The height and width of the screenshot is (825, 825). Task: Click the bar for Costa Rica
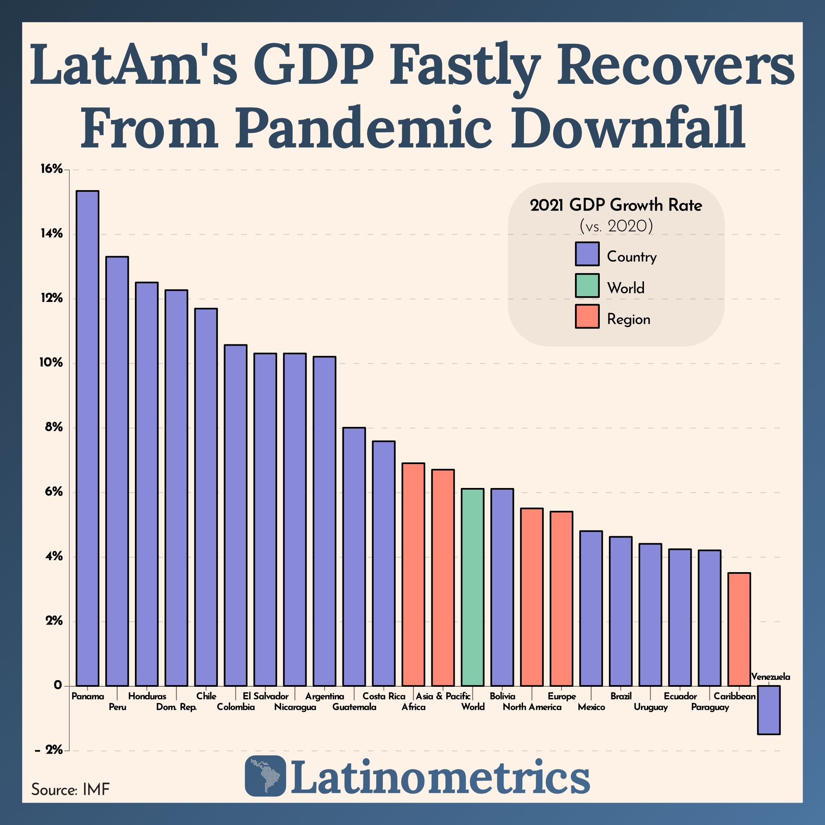[x=384, y=563]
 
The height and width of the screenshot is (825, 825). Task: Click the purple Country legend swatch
[x=587, y=254]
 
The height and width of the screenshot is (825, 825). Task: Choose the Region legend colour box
[x=587, y=316]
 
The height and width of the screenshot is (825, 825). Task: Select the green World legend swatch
[x=587, y=285]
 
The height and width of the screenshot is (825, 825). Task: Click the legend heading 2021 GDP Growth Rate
[x=616, y=205]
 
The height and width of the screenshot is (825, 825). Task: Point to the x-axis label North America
[x=532, y=707]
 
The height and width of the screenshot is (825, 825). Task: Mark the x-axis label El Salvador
[x=265, y=696]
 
